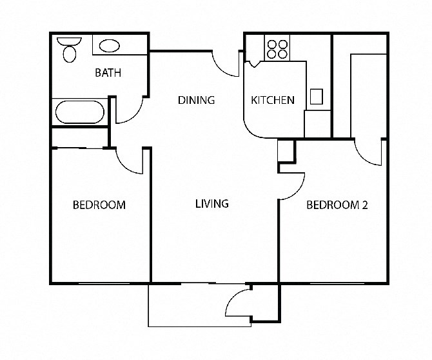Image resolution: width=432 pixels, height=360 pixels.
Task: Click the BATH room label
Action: pos(108,73)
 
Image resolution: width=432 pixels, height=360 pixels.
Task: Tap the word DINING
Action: pos(196,100)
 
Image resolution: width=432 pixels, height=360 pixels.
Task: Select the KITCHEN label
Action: pos(273,100)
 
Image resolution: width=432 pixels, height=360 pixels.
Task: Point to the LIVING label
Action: pos(212,204)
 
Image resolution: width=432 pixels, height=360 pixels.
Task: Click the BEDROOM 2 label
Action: pos(337,205)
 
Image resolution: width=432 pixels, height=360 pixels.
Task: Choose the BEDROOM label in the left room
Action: pos(99,205)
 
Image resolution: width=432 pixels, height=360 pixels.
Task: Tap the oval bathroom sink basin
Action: pos(110,46)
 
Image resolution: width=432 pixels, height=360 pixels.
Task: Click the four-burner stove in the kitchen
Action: pos(277,49)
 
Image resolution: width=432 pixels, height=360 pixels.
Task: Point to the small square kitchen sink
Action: pos(317,96)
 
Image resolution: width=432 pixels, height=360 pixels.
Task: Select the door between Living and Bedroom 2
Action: pos(291,187)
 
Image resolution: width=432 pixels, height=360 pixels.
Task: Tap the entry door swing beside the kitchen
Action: pos(226,63)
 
